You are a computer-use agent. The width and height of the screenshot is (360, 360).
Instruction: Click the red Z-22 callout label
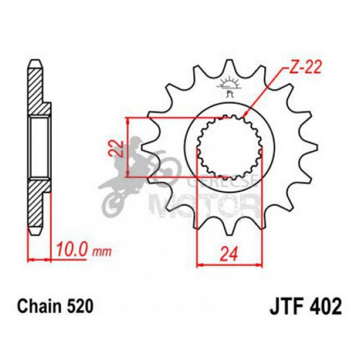[x=302, y=68]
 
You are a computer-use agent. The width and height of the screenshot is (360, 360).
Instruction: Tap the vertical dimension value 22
[x=119, y=148]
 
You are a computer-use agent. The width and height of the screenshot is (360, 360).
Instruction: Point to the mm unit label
[x=103, y=252]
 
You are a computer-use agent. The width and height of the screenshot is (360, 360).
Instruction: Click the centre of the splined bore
[x=229, y=148]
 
